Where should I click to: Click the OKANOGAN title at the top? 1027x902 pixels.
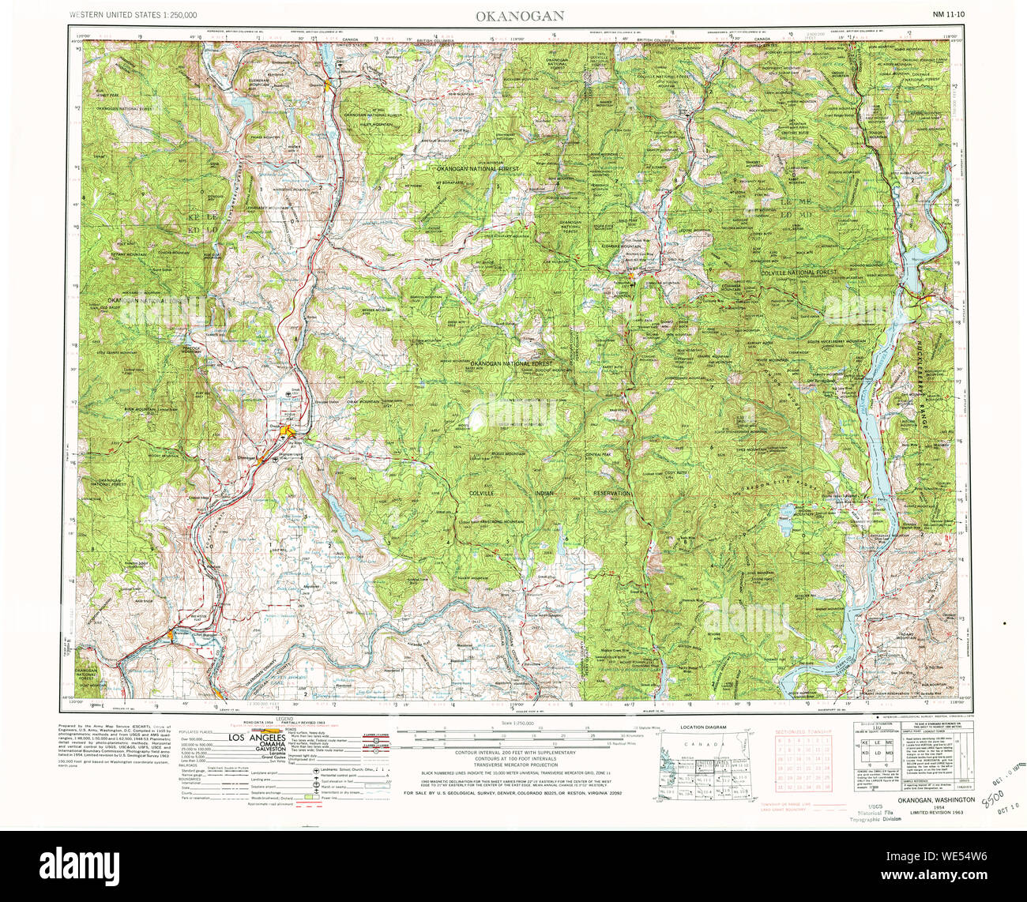click(x=518, y=15)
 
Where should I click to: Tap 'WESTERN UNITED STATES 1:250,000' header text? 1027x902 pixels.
click(x=133, y=15)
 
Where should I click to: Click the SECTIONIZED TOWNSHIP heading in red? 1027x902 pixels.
click(x=805, y=732)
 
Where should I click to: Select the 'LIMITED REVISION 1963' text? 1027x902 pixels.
click(x=937, y=813)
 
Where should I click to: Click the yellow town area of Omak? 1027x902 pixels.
click(x=289, y=430)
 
